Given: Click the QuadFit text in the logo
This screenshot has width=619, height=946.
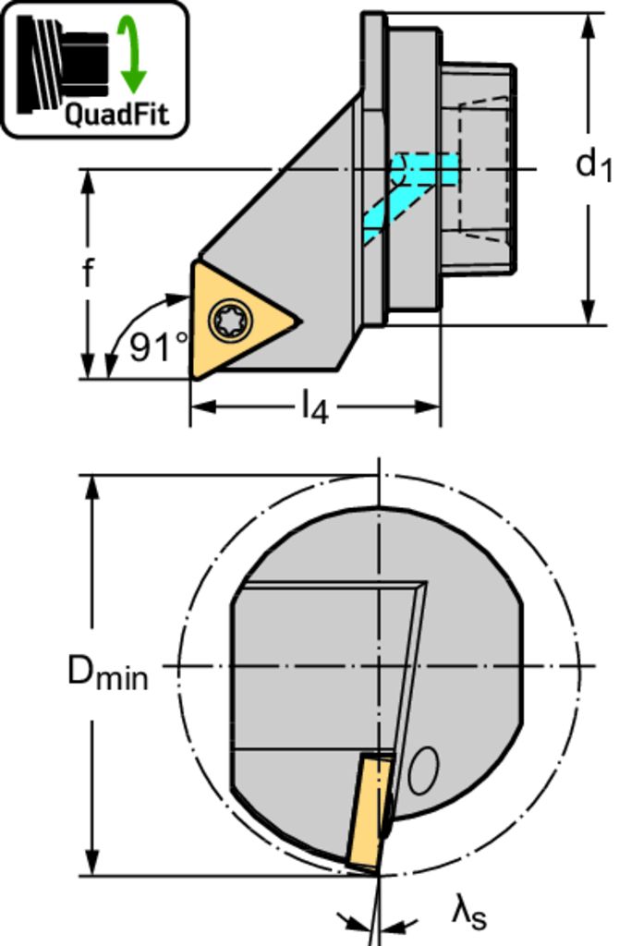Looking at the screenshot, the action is click(115, 114).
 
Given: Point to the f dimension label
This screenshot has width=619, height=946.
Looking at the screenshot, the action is click(88, 273).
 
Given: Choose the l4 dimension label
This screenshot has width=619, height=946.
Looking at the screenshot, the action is click(314, 407).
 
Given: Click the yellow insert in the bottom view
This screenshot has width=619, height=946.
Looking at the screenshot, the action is click(370, 810).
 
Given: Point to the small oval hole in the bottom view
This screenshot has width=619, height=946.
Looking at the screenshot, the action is click(423, 770).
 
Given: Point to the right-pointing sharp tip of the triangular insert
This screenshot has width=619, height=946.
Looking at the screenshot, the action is click(300, 320).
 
